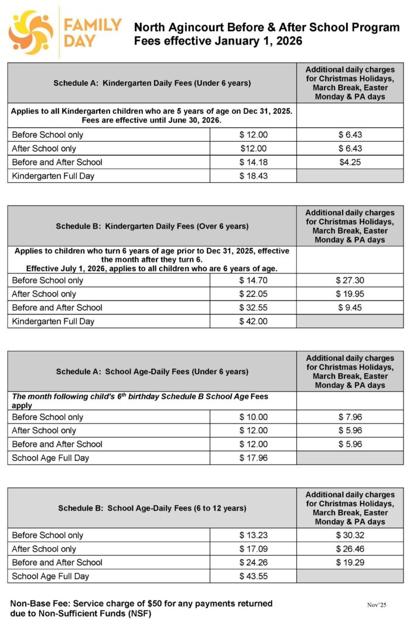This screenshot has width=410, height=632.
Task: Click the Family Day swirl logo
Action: pos(30,32)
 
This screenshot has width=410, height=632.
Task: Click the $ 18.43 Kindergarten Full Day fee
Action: pos(253,176)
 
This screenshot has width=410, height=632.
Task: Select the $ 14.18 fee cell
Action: pos(253,162)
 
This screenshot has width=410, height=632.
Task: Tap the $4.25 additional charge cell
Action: pos(350,162)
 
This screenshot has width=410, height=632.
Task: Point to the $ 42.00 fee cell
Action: pos(253,321)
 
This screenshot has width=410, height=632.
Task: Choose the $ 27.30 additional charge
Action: pos(350,280)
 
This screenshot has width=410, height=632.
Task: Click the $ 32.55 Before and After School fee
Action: pos(253,308)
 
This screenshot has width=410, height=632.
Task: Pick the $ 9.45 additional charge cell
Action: pos(350,308)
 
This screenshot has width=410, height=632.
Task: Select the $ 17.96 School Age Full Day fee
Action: pos(253,457)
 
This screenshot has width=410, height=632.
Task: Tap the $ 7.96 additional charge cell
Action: pos(350,417)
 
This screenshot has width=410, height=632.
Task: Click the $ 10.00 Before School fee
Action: pos(253,417)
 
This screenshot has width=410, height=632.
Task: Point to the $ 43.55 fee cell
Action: pos(253,576)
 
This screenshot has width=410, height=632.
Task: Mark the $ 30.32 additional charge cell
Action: pos(350,535)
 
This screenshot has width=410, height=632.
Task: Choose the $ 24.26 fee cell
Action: pos(253,562)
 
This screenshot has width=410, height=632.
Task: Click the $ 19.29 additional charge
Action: pos(350,562)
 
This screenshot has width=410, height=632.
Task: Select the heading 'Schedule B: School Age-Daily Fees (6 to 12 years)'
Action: pos(152,508)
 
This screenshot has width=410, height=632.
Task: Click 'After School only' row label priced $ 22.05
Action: pos(44,294)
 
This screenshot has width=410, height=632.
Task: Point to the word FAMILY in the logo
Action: pos(93,25)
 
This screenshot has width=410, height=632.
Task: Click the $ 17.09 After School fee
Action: pos(253,549)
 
